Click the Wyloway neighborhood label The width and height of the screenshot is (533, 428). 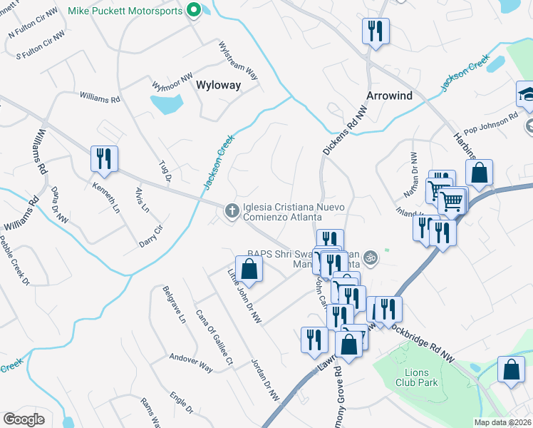[x=217, y=85]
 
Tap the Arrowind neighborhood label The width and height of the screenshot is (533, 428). [x=390, y=96]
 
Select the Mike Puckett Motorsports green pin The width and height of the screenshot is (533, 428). [x=192, y=10]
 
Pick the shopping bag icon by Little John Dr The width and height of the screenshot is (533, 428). [x=249, y=269]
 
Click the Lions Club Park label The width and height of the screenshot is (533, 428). [x=417, y=377]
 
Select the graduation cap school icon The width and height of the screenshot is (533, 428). [x=527, y=95]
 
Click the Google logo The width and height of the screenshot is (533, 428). [x=24, y=419]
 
